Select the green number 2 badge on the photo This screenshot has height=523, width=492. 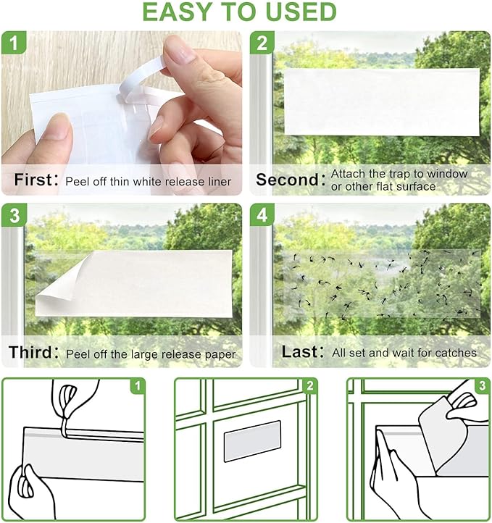click(262, 43)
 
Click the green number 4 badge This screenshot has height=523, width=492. click(262, 216)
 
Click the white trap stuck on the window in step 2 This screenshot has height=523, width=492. click(382, 101)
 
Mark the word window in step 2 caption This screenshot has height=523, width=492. click(447, 174)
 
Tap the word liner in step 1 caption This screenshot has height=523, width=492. click(218, 181)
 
